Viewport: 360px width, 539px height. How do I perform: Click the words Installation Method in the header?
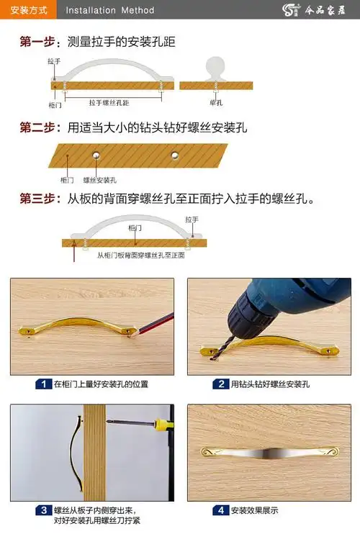[109, 11]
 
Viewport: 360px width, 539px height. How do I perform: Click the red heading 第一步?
[39, 42]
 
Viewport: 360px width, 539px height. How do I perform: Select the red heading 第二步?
[39, 128]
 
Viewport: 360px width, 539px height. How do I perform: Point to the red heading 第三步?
[39, 198]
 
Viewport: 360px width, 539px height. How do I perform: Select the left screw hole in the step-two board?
[95, 154]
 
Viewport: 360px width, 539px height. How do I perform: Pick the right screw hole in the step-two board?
[174, 154]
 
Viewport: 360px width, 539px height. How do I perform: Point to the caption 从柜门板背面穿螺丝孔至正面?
[141, 255]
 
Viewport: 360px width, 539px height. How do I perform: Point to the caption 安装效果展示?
[255, 510]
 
